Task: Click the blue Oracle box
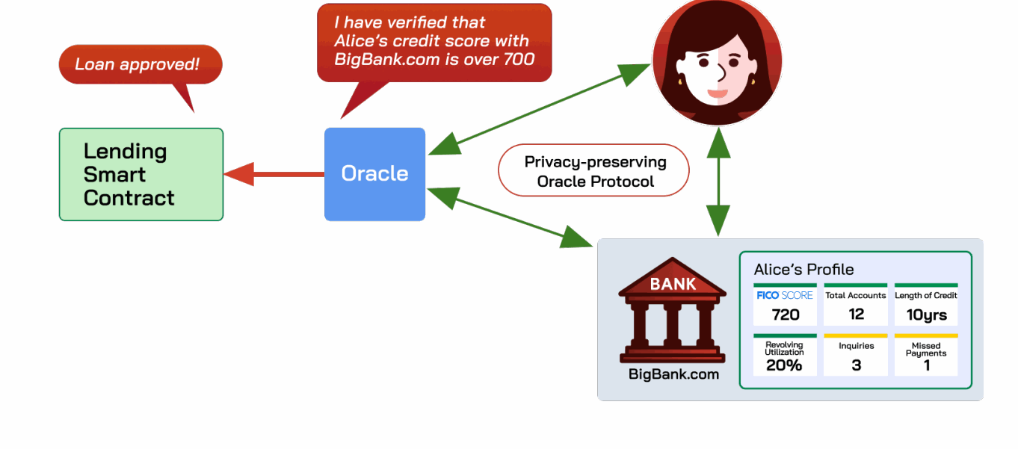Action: (375, 174)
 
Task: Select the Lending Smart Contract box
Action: (141, 175)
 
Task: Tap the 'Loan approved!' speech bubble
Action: (141, 64)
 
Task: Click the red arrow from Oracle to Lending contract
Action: (274, 174)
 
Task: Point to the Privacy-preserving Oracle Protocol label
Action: (593, 170)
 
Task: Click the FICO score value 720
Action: (786, 315)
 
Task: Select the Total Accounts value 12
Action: (857, 314)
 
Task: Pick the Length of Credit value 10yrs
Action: (927, 315)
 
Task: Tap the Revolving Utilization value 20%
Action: (784, 365)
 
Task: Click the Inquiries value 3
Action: (857, 365)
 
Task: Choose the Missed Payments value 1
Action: (927, 365)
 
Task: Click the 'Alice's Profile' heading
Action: (803, 270)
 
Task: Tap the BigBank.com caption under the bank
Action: (673, 374)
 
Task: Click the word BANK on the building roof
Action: (673, 284)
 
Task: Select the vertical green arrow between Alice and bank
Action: (718, 182)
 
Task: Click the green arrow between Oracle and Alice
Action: (539, 109)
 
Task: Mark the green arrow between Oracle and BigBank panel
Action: (510, 217)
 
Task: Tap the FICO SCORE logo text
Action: (784, 295)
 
